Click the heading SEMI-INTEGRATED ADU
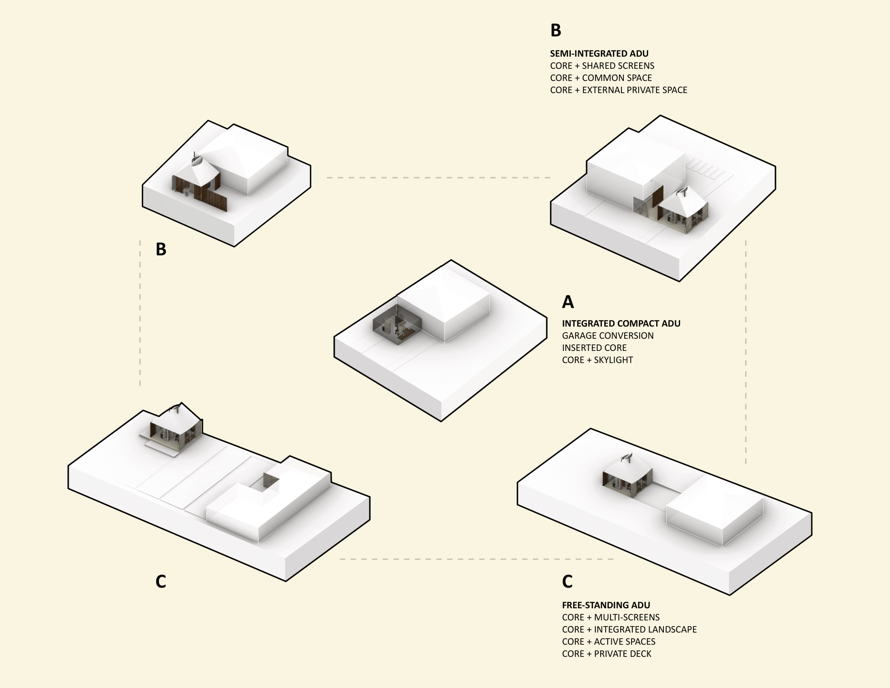pyautogui.click(x=599, y=53)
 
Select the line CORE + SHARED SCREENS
pyautogui.click(x=602, y=66)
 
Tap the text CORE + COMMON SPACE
pyautogui.click(x=601, y=78)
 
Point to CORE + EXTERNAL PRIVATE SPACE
pyautogui.click(x=619, y=90)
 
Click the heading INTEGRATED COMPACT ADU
pyautogui.click(x=621, y=324)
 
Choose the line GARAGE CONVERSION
pyautogui.click(x=608, y=336)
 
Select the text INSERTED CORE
pyautogui.click(x=594, y=348)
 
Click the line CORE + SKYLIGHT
pyautogui.click(x=598, y=360)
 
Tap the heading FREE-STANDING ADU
pyautogui.click(x=606, y=605)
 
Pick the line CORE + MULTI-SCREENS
pyautogui.click(x=610, y=618)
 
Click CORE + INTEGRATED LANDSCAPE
pyautogui.click(x=629, y=630)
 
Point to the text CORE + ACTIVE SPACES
pyautogui.click(x=608, y=641)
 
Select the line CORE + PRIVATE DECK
pyautogui.click(x=606, y=654)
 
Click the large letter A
pyautogui.click(x=568, y=302)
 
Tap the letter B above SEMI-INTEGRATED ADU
pyautogui.click(x=556, y=31)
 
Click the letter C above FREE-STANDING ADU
pyautogui.click(x=567, y=582)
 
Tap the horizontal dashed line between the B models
pyautogui.click(x=439, y=178)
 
